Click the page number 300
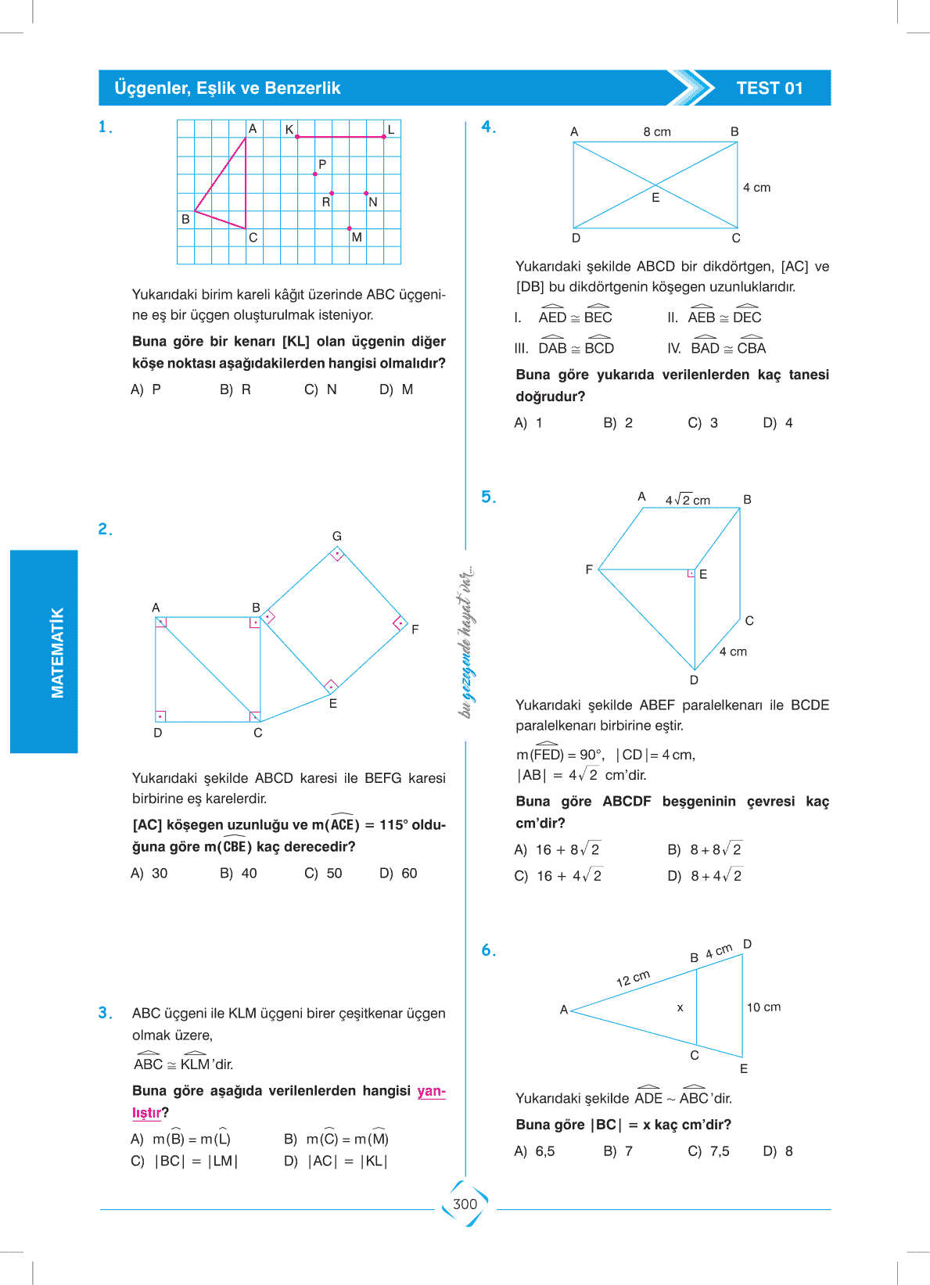click(x=465, y=1204)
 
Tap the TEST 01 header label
click(x=769, y=88)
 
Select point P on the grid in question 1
click(x=315, y=174)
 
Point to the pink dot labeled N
click(x=366, y=193)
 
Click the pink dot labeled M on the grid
click(x=349, y=228)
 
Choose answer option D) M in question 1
click(x=396, y=389)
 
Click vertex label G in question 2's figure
click(x=337, y=537)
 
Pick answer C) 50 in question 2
click(x=323, y=874)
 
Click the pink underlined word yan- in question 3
click(x=431, y=1091)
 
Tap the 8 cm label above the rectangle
click(x=657, y=132)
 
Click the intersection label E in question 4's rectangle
click(x=655, y=198)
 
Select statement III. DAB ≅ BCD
click(x=565, y=349)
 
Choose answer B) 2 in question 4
click(x=618, y=423)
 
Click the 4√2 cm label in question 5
click(x=688, y=501)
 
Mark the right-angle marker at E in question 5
click(x=691, y=573)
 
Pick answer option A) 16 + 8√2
click(x=557, y=850)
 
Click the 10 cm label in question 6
click(x=763, y=1007)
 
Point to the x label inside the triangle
click(x=680, y=1008)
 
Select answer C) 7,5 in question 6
click(x=709, y=1151)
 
